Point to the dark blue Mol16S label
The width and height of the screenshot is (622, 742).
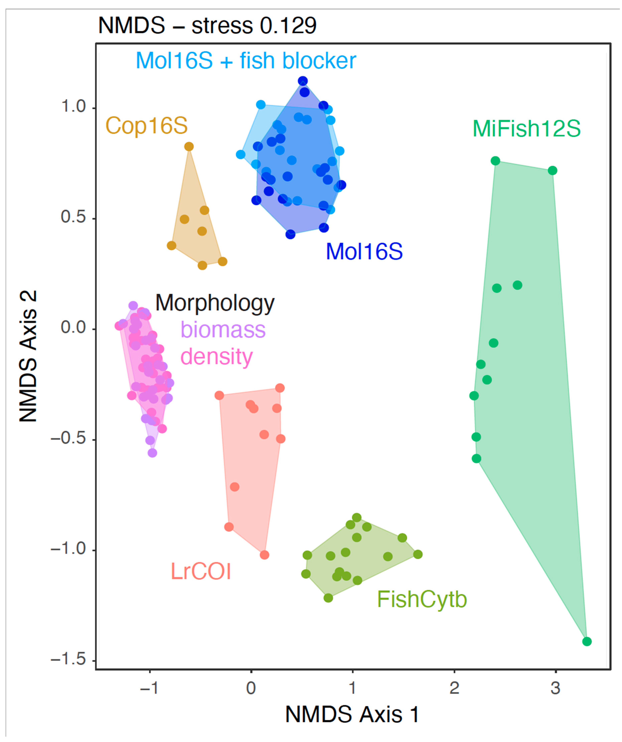[x=364, y=252]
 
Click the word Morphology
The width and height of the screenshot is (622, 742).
[x=215, y=303]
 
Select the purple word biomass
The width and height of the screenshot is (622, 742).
[x=223, y=330]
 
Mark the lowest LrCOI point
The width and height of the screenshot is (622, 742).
[x=264, y=555]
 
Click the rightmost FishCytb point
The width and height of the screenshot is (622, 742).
[x=418, y=554]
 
